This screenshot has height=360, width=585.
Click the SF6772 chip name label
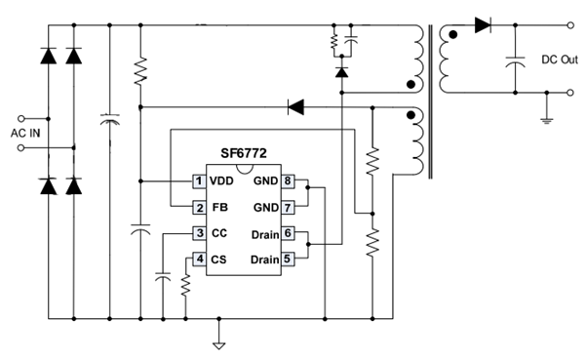click(244, 153)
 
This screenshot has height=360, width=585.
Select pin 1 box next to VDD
click(199, 181)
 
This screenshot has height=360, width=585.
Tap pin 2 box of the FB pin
click(199, 208)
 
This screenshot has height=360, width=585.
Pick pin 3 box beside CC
click(199, 233)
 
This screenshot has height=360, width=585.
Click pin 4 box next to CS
click(199, 260)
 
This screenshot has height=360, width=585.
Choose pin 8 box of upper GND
click(288, 181)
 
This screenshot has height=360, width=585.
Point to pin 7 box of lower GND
click(288, 208)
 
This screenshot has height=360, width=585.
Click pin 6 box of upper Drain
click(288, 233)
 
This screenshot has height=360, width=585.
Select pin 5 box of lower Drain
click(288, 260)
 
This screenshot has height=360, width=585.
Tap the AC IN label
click(25, 134)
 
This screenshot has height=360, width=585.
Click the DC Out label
click(560, 60)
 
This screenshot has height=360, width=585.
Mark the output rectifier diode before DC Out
click(483, 25)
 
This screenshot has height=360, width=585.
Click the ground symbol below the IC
click(219, 345)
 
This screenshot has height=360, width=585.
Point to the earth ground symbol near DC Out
click(547, 120)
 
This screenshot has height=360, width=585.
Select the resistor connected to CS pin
click(186, 285)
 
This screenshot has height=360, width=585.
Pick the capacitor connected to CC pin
click(163, 277)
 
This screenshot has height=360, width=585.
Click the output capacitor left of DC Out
click(515, 61)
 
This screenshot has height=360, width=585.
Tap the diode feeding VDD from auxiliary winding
click(295, 107)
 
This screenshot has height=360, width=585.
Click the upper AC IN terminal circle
click(21, 119)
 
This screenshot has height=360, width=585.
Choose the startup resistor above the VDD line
click(140, 71)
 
